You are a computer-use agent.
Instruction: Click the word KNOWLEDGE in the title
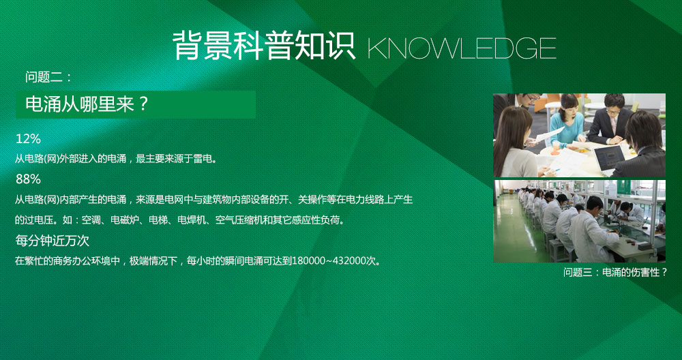click(462, 48)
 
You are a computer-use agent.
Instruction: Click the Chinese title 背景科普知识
click(264, 45)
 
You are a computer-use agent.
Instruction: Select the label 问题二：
click(48, 78)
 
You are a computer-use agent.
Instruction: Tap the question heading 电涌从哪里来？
click(87, 104)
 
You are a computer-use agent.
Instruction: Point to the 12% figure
click(28, 138)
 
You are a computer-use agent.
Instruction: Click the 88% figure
click(28, 179)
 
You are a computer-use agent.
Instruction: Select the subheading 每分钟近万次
click(53, 241)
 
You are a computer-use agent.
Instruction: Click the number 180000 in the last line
click(308, 261)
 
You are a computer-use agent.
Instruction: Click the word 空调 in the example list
click(91, 220)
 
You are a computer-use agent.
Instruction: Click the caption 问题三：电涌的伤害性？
click(615, 273)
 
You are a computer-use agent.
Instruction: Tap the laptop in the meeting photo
click(609, 160)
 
